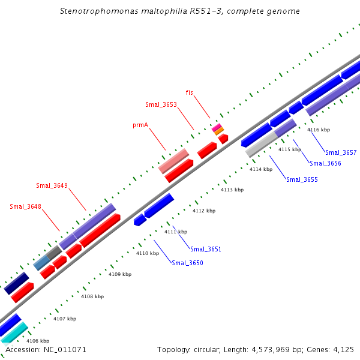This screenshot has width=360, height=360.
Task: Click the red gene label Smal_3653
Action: click(x=161, y=104)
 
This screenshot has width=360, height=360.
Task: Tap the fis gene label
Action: click(x=190, y=92)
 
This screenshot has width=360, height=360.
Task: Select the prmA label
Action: click(x=140, y=125)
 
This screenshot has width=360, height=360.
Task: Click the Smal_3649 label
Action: click(x=52, y=185)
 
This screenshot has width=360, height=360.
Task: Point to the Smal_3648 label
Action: click(x=25, y=206)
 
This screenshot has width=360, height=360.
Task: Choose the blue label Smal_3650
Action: click(x=188, y=263)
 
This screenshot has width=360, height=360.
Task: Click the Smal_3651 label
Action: click(x=206, y=249)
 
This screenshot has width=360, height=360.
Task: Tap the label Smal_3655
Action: click(x=302, y=179)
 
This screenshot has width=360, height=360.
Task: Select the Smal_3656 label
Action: click(x=325, y=163)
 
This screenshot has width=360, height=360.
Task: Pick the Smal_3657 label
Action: click(x=341, y=152)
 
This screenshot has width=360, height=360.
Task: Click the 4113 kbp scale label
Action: click(x=232, y=190)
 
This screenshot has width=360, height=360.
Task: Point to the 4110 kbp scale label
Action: click(x=148, y=253)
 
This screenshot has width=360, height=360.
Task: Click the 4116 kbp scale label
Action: click(x=319, y=130)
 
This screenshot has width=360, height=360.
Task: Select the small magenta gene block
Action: click(x=216, y=127)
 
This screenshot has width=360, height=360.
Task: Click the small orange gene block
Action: click(x=219, y=131)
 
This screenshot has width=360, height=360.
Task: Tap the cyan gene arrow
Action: click(x=14, y=332)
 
